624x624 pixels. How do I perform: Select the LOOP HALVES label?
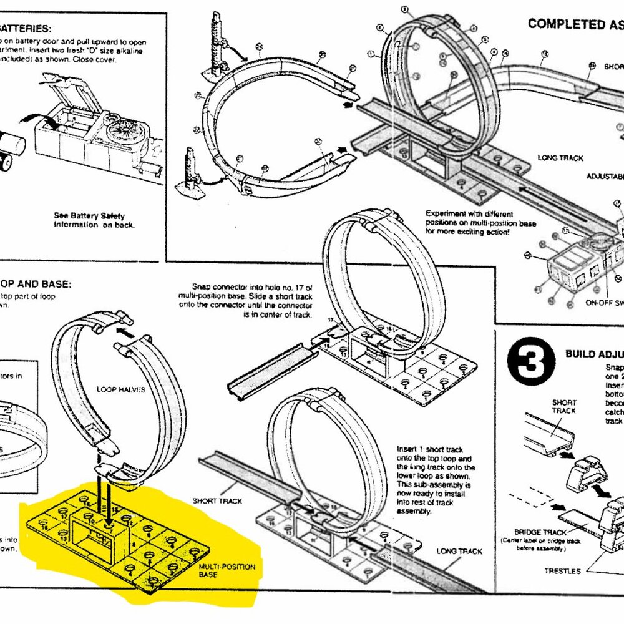point(121,389)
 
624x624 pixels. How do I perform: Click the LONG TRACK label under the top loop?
point(560,158)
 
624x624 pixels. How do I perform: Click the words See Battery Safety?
point(89,216)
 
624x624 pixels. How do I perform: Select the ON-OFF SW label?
point(603,303)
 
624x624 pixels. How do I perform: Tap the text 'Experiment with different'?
point(466,213)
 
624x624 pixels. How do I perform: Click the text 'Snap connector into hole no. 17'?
point(249,283)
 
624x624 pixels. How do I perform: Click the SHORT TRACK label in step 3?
point(563,406)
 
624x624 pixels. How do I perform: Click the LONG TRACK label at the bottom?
point(459,551)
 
